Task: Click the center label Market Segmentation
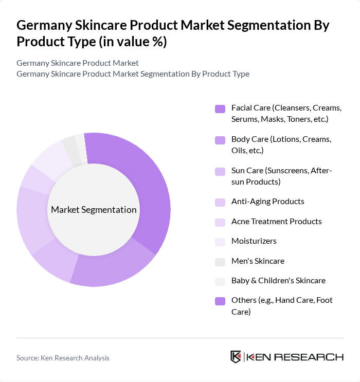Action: (94, 210)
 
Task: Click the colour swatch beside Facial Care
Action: (220, 108)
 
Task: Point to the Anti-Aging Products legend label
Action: (267, 202)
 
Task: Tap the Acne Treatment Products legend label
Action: (276, 222)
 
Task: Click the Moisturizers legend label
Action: (254, 241)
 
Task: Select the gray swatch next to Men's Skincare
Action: (220, 262)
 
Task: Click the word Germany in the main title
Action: (43, 25)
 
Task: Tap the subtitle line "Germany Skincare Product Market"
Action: (77, 63)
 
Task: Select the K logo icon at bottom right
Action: (236, 357)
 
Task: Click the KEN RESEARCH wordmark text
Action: (295, 357)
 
